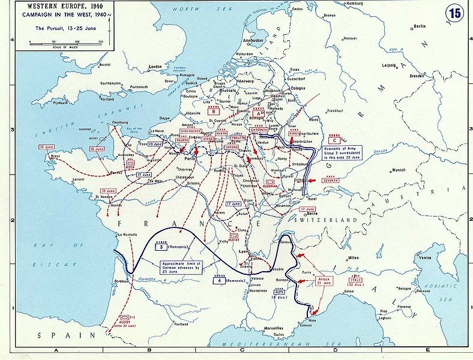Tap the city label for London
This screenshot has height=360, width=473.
click(155, 67)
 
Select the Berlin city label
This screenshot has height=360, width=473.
click(419, 26)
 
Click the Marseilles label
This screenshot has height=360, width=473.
click(276, 328)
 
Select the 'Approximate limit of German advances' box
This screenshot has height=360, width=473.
click(181, 266)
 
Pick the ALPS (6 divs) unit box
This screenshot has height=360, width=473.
click(277, 295)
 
